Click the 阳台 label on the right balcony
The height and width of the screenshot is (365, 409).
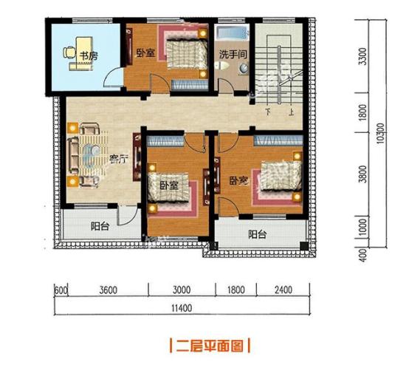(257, 235)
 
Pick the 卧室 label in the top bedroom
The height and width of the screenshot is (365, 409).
(145, 53)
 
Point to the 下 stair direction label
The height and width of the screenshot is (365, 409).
(269, 113)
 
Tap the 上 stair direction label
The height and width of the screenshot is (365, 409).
(293, 113)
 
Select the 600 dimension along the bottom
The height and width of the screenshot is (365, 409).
(61, 290)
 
